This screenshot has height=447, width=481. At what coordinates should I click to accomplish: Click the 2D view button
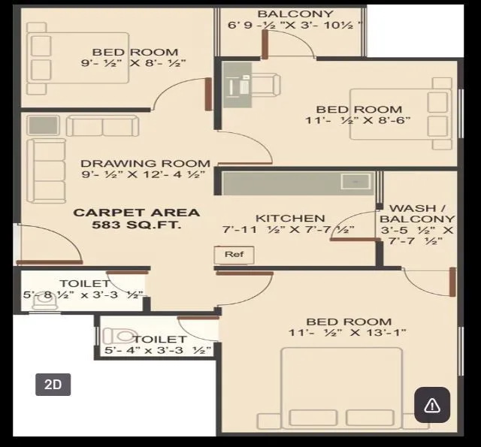[x=53, y=385]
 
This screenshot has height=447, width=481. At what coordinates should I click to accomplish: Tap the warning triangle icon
[x=432, y=406]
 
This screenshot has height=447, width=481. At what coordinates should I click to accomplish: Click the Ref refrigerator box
[x=234, y=255]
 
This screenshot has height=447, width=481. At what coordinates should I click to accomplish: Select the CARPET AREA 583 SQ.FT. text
[x=136, y=219]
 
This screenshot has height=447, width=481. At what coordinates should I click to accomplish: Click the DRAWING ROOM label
[x=145, y=163]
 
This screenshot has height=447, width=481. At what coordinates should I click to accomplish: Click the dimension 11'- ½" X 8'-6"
[x=358, y=120]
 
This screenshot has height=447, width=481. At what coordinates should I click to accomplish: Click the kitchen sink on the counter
[x=355, y=181]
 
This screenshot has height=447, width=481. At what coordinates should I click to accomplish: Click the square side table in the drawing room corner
[x=44, y=125]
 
